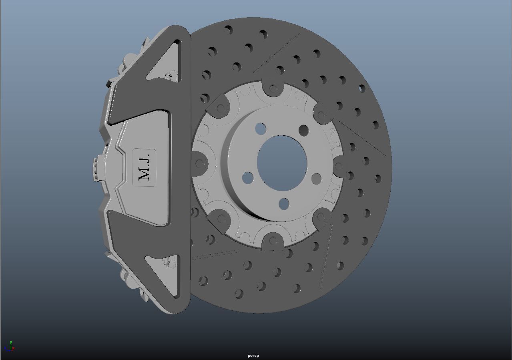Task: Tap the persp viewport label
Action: pos(253,356)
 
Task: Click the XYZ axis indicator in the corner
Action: pos(10,347)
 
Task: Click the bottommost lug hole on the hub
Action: pos(284,204)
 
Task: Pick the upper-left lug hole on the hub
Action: pos(260,129)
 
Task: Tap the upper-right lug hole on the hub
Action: pos(303,131)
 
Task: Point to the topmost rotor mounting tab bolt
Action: pos(273,88)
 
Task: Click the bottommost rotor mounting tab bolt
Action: pos(273,241)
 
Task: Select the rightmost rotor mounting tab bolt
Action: pos(339,166)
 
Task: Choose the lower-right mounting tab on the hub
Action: pos(321,217)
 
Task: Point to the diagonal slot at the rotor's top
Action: pos(276,54)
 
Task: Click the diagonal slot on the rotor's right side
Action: pos(362,139)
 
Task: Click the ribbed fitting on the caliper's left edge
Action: pos(96,168)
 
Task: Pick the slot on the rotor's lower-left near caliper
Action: pos(216,255)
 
